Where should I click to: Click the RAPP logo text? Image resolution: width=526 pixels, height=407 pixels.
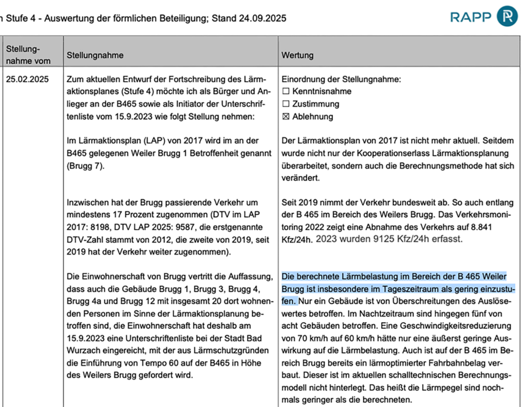(471, 17)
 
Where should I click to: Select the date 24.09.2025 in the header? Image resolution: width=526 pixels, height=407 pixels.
(262, 18)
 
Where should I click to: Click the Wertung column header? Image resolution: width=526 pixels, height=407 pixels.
(297, 55)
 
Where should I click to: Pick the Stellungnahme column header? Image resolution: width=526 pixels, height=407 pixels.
(95, 55)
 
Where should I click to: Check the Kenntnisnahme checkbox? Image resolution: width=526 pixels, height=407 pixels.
(286, 91)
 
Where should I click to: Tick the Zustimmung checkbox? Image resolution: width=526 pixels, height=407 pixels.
(286, 104)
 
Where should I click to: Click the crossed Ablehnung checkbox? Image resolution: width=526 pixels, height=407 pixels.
(286, 117)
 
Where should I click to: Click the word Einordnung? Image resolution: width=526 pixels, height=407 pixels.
(302, 79)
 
